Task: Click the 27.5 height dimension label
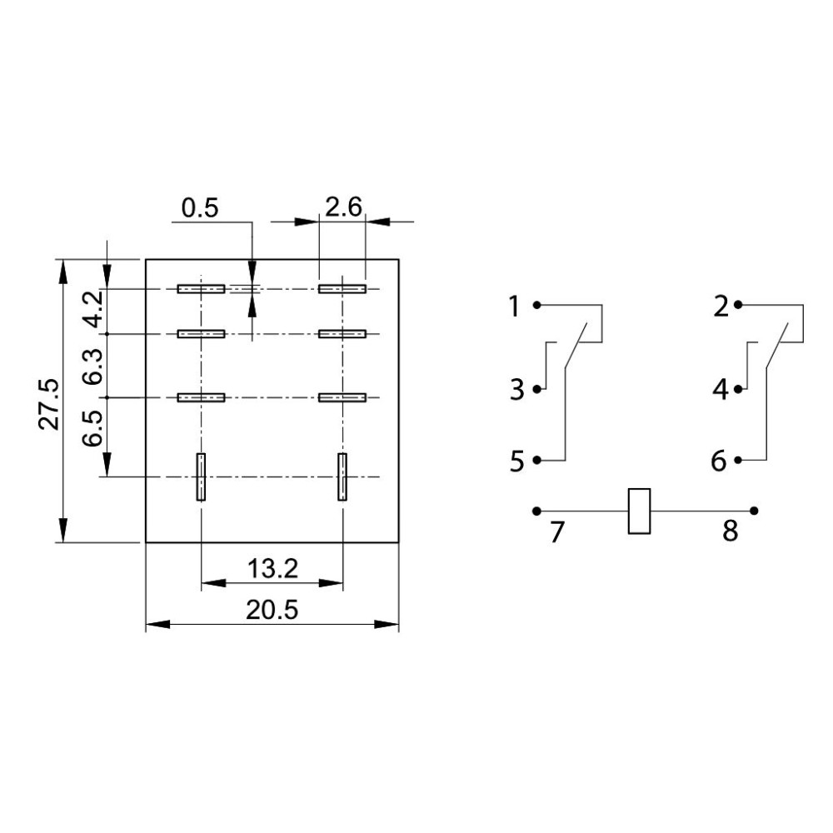pyautogui.click(x=49, y=404)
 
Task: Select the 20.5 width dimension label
pyautogui.click(x=272, y=611)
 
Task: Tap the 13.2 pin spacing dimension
pyautogui.click(x=273, y=569)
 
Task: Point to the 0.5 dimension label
pyautogui.click(x=200, y=208)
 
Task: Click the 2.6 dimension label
pyautogui.click(x=343, y=207)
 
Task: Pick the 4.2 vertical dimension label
pyautogui.click(x=94, y=309)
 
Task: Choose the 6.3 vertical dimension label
pyautogui.click(x=92, y=366)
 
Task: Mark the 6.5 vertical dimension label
pyautogui.click(x=92, y=428)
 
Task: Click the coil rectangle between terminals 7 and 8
pyautogui.click(x=639, y=511)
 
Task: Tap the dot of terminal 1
pyautogui.click(x=537, y=305)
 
